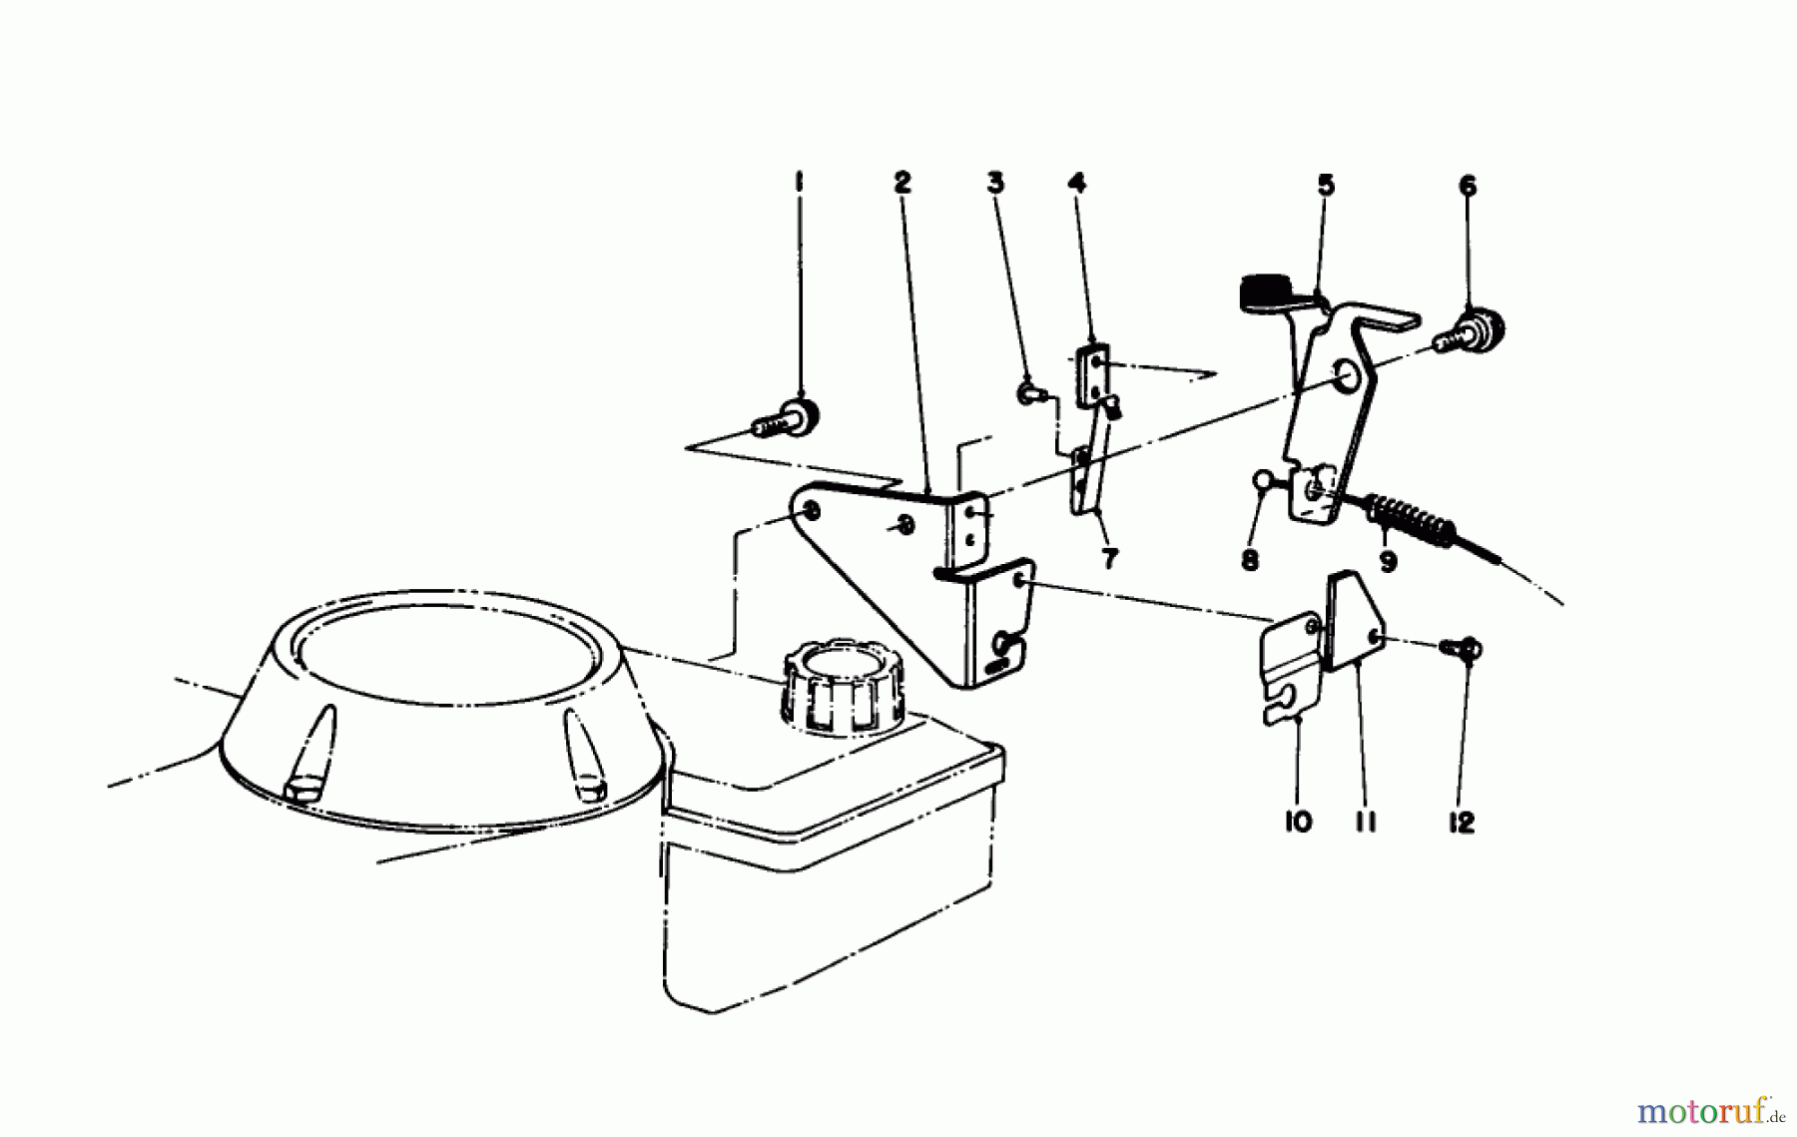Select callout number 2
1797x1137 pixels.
tap(902, 183)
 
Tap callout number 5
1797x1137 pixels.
tap(1325, 185)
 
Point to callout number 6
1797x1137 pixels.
tap(1468, 187)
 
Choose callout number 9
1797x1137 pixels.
tap(1388, 562)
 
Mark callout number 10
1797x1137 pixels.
tap(1299, 823)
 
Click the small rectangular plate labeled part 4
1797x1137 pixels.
tap(1094, 375)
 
